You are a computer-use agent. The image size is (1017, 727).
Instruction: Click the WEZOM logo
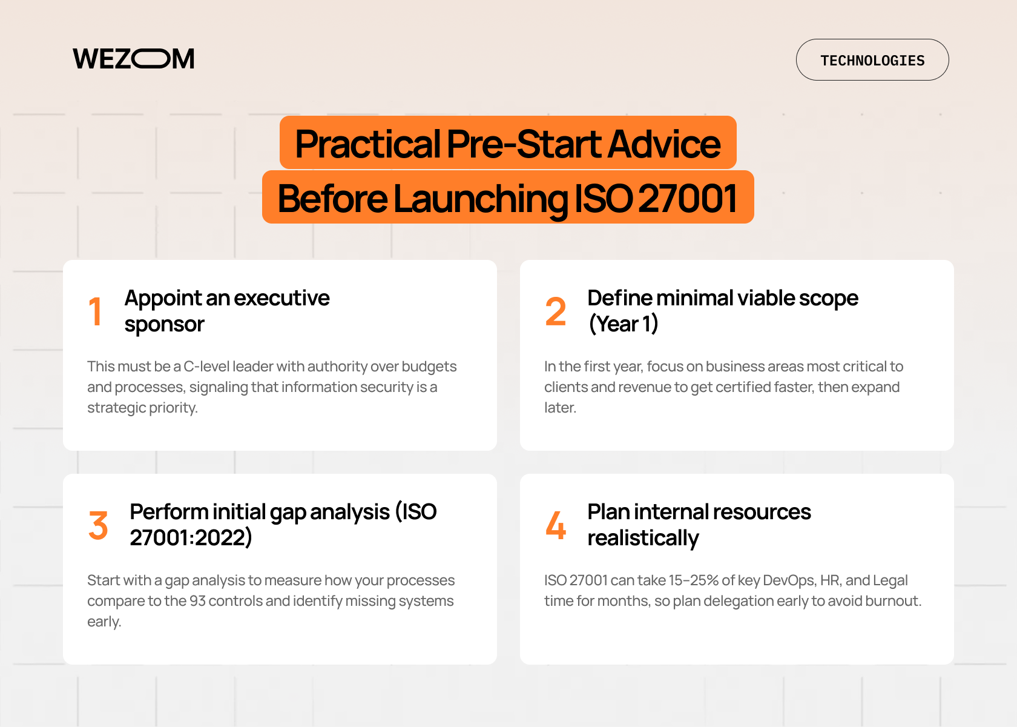click(133, 59)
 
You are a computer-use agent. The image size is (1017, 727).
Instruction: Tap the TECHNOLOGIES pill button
click(872, 60)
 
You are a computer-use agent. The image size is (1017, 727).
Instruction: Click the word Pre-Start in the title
click(524, 144)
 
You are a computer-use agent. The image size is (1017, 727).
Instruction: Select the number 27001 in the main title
click(688, 199)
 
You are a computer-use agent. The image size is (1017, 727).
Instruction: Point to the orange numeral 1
click(96, 312)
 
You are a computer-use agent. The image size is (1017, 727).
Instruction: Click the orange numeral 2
click(555, 312)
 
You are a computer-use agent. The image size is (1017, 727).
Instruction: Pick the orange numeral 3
click(98, 525)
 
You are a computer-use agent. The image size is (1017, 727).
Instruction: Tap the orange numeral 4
click(555, 525)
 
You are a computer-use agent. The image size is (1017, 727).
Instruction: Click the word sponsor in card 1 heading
click(164, 325)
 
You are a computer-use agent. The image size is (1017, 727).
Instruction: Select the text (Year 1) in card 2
click(624, 324)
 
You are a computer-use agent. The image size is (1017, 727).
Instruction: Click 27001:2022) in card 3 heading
click(191, 538)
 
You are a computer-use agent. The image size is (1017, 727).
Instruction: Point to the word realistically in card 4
click(643, 538)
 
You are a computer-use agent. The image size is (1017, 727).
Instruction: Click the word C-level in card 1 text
click(206, 367)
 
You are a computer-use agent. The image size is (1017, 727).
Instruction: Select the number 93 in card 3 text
click(197, 601)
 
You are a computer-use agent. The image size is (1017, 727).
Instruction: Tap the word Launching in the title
click(481, 199)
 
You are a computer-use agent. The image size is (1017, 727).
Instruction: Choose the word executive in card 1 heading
click(281, 298)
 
